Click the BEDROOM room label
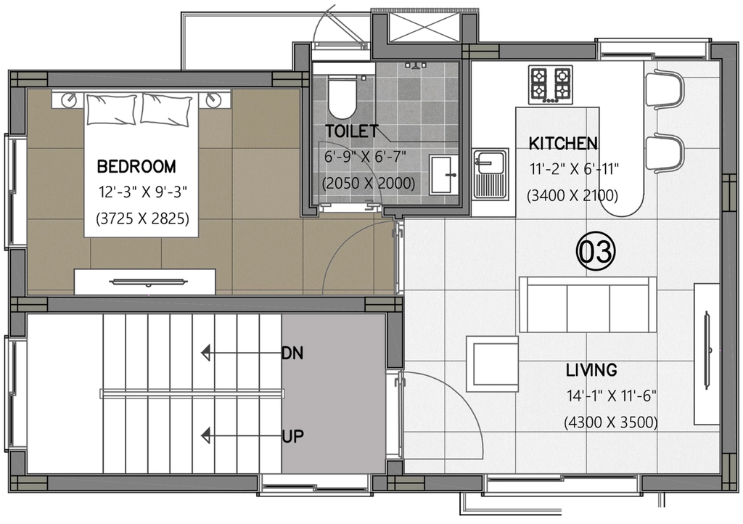coord(136,167)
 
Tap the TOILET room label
coord(352,131)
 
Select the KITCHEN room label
coord(563,144)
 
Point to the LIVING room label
coord(591,370)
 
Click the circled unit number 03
coord(596,251)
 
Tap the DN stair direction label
coord(292,353)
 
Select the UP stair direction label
coord(292,436)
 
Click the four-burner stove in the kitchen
coord(551,85)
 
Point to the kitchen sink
coord(490,174)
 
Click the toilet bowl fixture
coord(342,97)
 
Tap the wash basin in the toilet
coord(444,174)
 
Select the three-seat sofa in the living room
coord(588,305)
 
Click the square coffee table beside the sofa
coord(492,364)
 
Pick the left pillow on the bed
coord(111,109)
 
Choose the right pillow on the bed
coord(167,110)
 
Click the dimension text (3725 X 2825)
coord(143,219)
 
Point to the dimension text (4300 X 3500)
coord(611,422)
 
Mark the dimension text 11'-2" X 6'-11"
coord(575,169)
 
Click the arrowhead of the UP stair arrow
coord(205,435)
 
